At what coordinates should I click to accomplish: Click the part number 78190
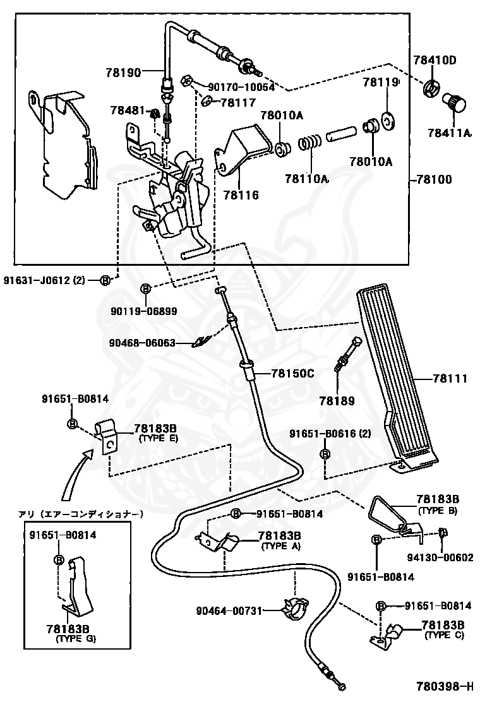click(x=123, y=71)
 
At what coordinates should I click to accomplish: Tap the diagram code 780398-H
click(x=444, y=686)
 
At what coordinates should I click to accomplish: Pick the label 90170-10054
click(x=241, y=87)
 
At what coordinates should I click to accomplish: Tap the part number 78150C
click(x=292, y=372)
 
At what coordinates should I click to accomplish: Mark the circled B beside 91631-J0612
click(x=104, y=281)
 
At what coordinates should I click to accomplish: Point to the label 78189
click(x=337, y=401)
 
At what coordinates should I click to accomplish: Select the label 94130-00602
click(x=440, y=557)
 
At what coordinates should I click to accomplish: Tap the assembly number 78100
click(x=434, y=179)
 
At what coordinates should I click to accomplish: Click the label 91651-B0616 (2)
click(x=330, y=433)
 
